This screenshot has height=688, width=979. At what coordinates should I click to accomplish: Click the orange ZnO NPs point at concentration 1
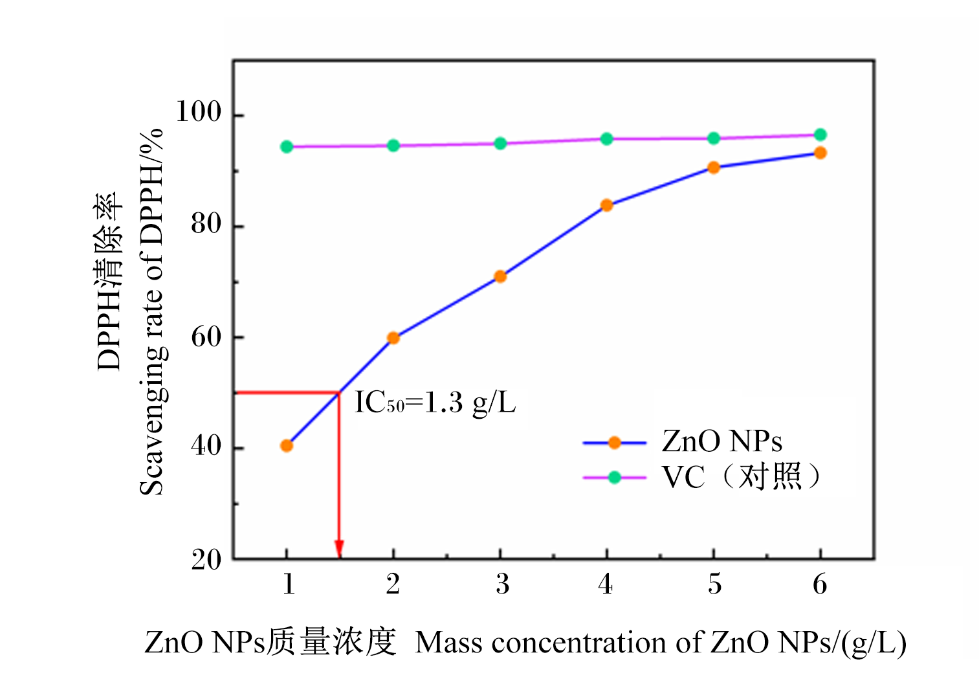pyautogui.click(x=287, y=445)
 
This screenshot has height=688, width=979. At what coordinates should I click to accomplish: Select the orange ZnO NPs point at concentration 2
pyautogui.click(x=393, y=338)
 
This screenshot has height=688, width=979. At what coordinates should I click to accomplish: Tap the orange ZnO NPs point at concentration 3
pyautogui.click(x=500, y=276)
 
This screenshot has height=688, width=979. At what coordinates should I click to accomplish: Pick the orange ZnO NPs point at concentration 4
pyautogui.click(x=607, y=205)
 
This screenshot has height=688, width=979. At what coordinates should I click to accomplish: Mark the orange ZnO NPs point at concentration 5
pyautogui.click(x=713, y=168)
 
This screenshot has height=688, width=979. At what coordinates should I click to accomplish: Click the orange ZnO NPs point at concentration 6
pyautogui.click(x=820, y=153)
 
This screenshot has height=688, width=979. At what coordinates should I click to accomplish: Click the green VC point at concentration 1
pyautogui.click(x=287, y=147)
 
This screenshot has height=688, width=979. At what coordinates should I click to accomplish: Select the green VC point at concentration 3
pyautogui.click(x=500, y=144)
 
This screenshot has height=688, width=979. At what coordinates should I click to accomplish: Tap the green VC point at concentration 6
pyautogui.click(x=820, y=135)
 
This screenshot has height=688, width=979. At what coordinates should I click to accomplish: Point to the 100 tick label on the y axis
pyautogui.click(x=198, y=111)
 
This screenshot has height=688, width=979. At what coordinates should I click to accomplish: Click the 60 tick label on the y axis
pyautogui.click(x=206, y=337)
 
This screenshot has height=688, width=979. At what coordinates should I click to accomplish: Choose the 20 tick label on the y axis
pyautogui.click(x=206, y=559)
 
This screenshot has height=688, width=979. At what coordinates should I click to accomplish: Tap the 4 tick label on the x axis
pyautogui.click(x=605, y=584)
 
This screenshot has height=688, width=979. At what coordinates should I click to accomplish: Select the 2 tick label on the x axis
pyautogui.click(x=393, y=584)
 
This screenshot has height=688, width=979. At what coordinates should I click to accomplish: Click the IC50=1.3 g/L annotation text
pyautogui.click(x=435, y=402)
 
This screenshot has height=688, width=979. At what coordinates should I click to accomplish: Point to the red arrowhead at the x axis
pyautogui.click(x=339, y=549)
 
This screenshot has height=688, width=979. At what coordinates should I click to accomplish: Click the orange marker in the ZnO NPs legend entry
pyautogui.click(x=615, y=443)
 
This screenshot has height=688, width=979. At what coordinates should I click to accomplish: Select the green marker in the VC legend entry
pyautogui.click(x=615, y=477)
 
